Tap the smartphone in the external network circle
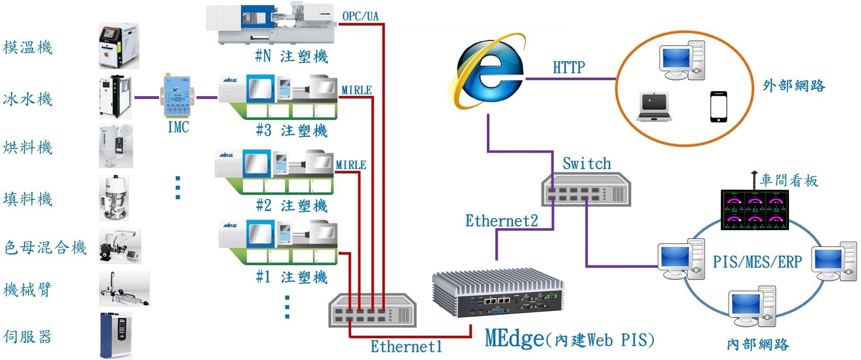(718, 107)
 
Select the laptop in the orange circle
(654, 107)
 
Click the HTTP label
(569, 68)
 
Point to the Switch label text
(586, 164)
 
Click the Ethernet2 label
(502, 221)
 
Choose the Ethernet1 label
(406, 346)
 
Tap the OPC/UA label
(360, 16)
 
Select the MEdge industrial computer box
(498, 296)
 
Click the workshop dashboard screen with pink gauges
(754, 210)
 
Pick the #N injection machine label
(291, 57)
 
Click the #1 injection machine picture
(279, 242)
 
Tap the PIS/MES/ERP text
(757, 262)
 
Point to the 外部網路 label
(794, 86)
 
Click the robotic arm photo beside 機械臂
(124, 288)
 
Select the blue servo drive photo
(116, 335)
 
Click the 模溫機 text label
(27, 47)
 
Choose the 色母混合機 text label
(45, 247)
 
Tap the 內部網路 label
(758, 344)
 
